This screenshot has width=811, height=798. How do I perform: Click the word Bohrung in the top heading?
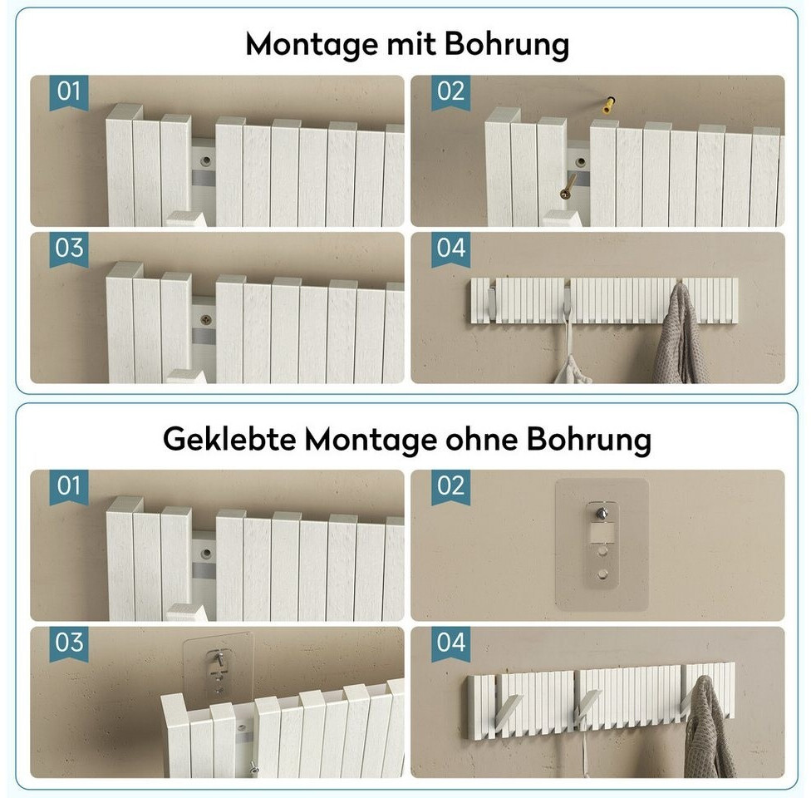[506, 45]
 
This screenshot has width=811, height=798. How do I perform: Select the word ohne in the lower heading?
[482, 440]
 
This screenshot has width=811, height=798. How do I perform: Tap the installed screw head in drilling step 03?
[206, 320]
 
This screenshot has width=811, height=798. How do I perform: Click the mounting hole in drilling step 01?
[206, 161]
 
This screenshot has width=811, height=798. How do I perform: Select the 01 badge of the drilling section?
[69, 92]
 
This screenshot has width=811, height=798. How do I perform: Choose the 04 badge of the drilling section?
[450, 249]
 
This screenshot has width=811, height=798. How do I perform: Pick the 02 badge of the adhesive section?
[450, 487]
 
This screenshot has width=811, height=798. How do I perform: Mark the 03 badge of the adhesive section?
[69, 643]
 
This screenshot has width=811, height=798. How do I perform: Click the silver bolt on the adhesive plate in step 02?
[602, 514]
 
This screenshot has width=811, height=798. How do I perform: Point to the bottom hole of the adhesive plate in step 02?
[602, 574]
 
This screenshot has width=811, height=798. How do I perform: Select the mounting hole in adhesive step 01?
[206, 554]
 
